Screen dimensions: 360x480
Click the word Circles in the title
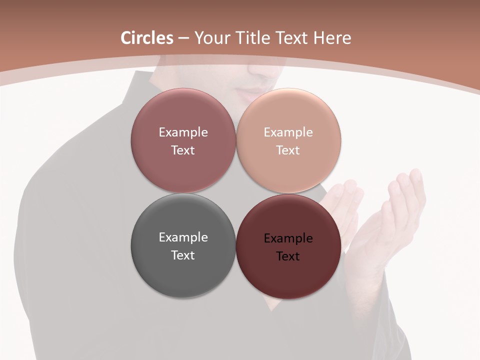[147, 38]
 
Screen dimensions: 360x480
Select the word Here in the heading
[332, 38]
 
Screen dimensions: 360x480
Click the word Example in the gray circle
[183, 237]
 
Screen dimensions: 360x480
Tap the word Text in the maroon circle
[288, 256]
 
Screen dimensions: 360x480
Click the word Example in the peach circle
[288, 132]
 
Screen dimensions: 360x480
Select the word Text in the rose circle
[183, 150]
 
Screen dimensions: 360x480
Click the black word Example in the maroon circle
[288, 238]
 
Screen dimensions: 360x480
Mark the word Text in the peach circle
[288, 150]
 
